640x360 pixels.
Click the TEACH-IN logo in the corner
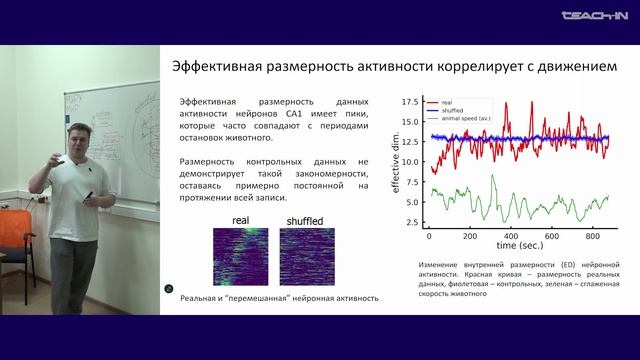[596, 15]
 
